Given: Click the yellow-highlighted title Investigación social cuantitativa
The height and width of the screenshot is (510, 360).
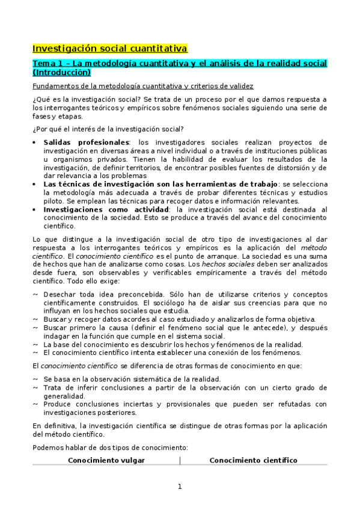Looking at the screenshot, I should pos(109,48).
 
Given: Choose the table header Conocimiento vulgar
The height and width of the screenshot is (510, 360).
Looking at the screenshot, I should pos(106,460).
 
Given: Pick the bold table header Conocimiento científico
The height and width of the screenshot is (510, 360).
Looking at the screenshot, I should pos(253,460).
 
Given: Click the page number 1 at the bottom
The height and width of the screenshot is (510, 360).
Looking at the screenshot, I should pos(180,487).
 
